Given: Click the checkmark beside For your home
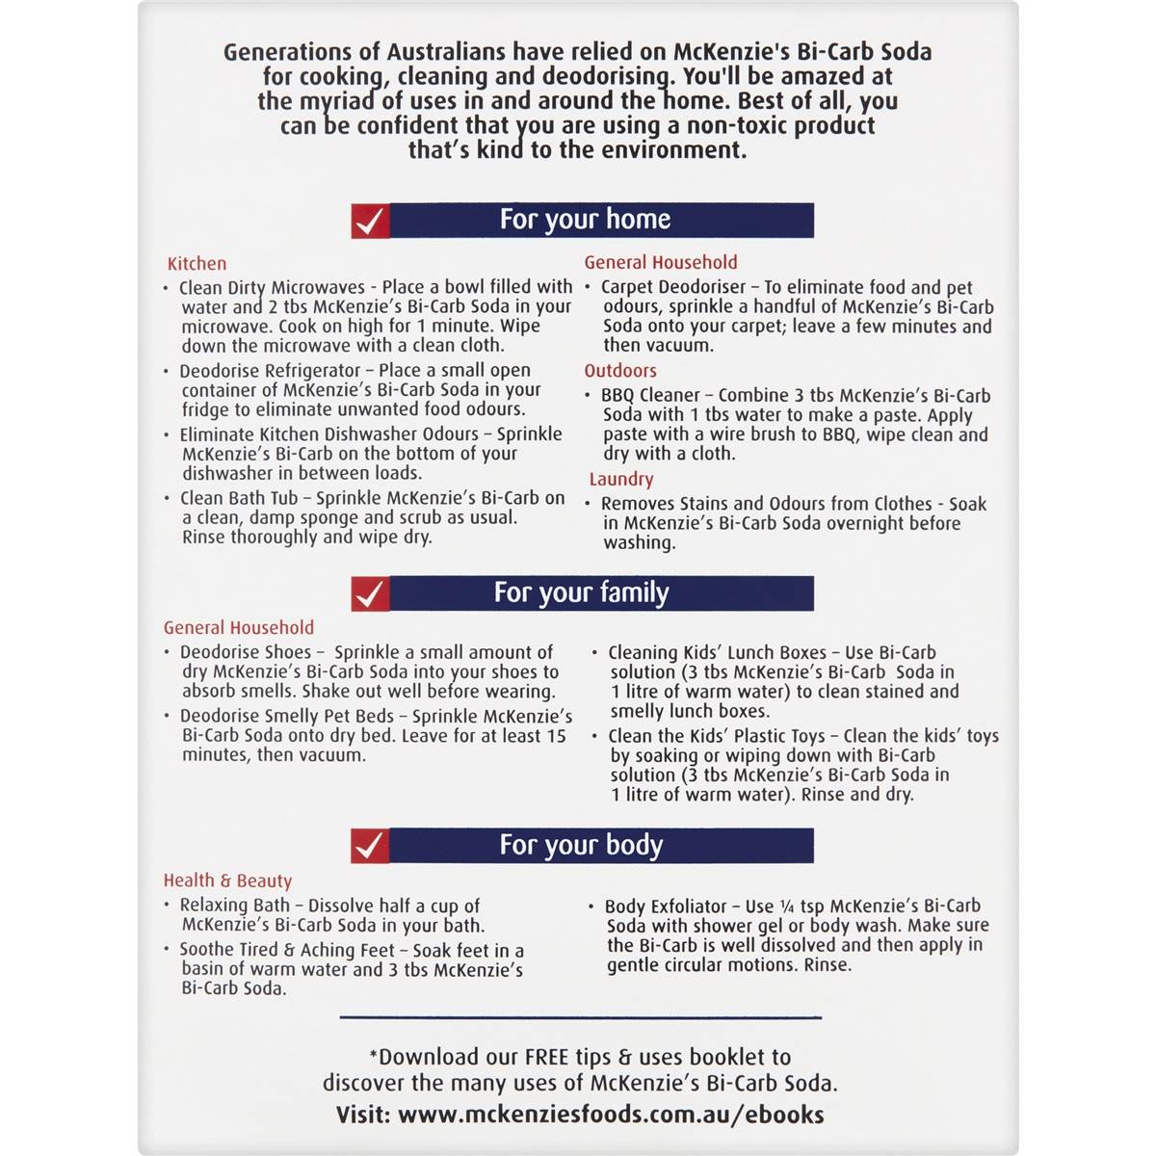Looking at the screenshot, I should tap(370, 221).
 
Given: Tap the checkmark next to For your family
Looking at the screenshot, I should tap(370, 593).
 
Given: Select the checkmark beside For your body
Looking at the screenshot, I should tap(370, 846).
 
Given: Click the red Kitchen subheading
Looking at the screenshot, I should tap(197, 263).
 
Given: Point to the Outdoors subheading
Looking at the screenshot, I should tap(620, 371).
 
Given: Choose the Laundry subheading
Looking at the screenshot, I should tap(621, 479).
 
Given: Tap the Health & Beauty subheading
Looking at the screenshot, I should tap(227, 880).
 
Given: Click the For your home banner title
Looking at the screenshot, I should tap(585, 220).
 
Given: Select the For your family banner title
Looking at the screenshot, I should tap(581, 592).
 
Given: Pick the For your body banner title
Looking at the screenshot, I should tap(581, 845).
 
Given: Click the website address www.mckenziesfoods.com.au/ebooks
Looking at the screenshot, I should tap(611, 1115).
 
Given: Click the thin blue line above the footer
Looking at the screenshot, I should tap(581, 1017).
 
